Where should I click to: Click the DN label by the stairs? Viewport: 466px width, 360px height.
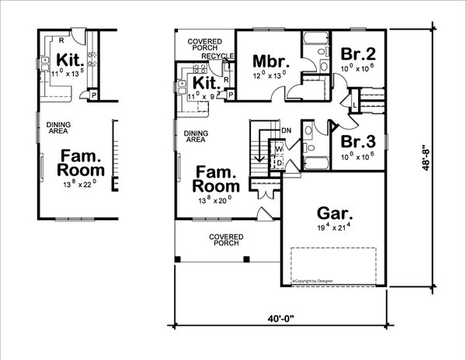tap(287, 130)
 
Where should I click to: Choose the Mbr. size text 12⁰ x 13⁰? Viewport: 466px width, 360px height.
tap(269, 76)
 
